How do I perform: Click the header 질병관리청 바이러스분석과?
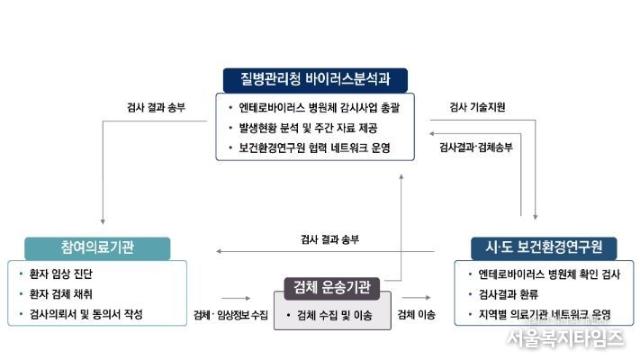pyautogui.click(x=315, y=80)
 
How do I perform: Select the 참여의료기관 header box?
pyautogui.click(x=97, y=248)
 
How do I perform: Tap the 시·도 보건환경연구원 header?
pyautogui.click(x=544, y=247)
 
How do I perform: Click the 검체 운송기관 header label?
pyautogui.click(x=332, y=288)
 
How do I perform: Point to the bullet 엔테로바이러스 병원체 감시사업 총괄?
pyautogui.click(x=319, y=108)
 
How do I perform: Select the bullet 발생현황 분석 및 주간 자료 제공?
pyautogui.click(x=308, y=128)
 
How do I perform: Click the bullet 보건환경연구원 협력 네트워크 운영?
pyautogui.click(x=314, y=148)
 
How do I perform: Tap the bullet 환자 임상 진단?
pyautogui.click(x=61, y=274)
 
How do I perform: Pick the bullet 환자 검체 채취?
pyautogui.click(x=61, y=294)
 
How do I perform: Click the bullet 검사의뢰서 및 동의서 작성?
pyautogui.click(x=86, y=314)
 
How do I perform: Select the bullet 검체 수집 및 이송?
pyautogui.click(x=334, y=315)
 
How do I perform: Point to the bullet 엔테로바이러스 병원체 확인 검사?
pyautogui.click(x=549, y=274)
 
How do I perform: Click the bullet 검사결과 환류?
pyautogui.click(x=509, y=294)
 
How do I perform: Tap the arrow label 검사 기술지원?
pyautogui.click(x=477, y=107)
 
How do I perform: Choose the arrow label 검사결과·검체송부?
pyautogui.click(x=475, y=148)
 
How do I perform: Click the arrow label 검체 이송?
pyautogui.click(x=417, y=315)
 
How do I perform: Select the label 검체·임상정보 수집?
pyautogui.click(x=230, y=315)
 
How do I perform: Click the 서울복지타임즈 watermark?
pyautogui.click(x=565, y=338)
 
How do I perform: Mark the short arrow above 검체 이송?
pyautogui.click(x=417, y=298)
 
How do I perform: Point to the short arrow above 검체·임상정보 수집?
pyautogui.click(x=236, y=299)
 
